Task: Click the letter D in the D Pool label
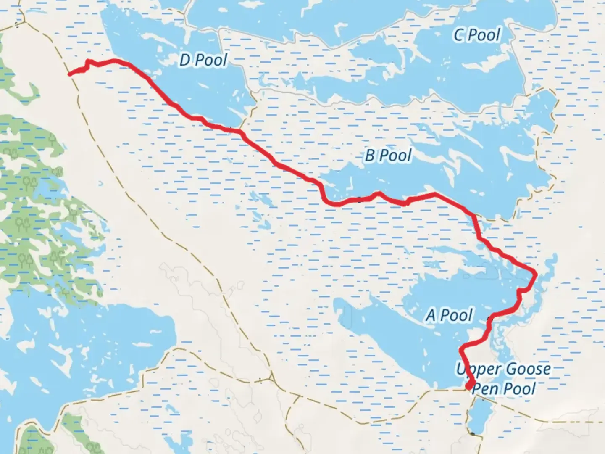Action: coord(185,60)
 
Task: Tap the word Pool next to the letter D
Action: coord(211,60)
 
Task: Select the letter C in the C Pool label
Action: coord(459,35)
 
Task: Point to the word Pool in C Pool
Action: coord(485,35)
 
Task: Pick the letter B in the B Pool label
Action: coord(370,156)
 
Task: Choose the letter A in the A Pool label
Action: coord(431,315)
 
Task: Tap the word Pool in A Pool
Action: coord(456,315)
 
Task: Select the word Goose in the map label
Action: coord(528,369)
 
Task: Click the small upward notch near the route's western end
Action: coord(88,62)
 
